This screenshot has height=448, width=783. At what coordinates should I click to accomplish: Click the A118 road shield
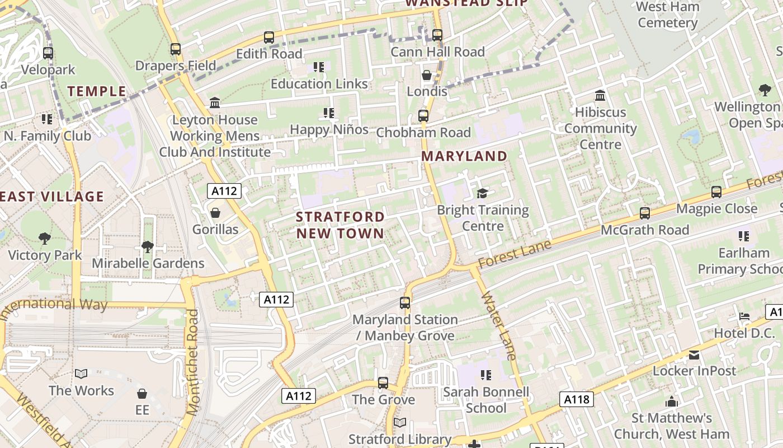576,399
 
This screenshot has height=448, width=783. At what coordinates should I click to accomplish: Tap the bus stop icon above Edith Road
269,38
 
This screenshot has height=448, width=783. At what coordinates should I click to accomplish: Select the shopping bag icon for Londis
427,75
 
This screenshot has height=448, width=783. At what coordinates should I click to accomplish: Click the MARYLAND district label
464,156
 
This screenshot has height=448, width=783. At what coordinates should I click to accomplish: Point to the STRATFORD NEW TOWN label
340,225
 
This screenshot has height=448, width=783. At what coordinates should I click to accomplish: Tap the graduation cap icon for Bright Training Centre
482,194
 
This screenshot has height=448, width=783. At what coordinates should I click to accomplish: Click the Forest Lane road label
515,254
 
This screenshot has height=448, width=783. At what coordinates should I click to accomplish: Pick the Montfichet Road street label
194,362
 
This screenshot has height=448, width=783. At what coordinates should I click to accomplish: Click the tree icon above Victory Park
45,239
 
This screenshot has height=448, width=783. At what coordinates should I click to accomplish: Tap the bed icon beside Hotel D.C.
744,316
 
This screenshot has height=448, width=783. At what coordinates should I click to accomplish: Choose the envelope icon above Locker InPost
694,354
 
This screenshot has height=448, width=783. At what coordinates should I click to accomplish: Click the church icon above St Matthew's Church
672,402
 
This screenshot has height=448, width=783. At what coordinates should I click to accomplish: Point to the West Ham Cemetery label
668,15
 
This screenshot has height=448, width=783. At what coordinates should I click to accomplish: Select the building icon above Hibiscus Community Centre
600,95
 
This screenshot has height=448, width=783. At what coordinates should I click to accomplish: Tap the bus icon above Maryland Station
405,303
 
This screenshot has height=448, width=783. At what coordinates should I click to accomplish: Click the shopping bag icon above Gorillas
215,213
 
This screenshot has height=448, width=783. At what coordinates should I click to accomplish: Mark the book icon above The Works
81,374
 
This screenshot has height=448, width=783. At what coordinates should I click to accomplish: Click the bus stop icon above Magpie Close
716,192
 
